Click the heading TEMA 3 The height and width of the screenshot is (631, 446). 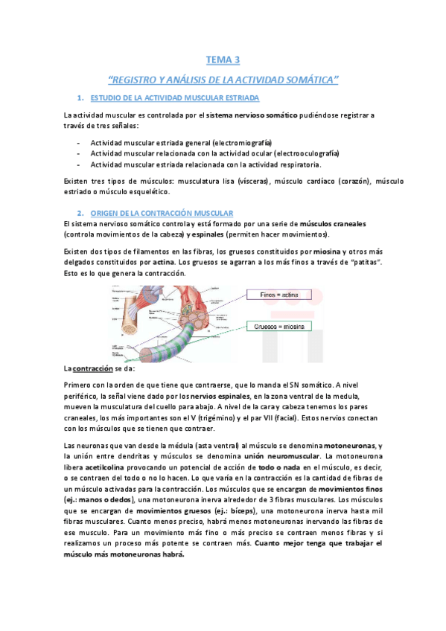pos(223,60)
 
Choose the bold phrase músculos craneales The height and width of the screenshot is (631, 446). pos(333,223)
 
